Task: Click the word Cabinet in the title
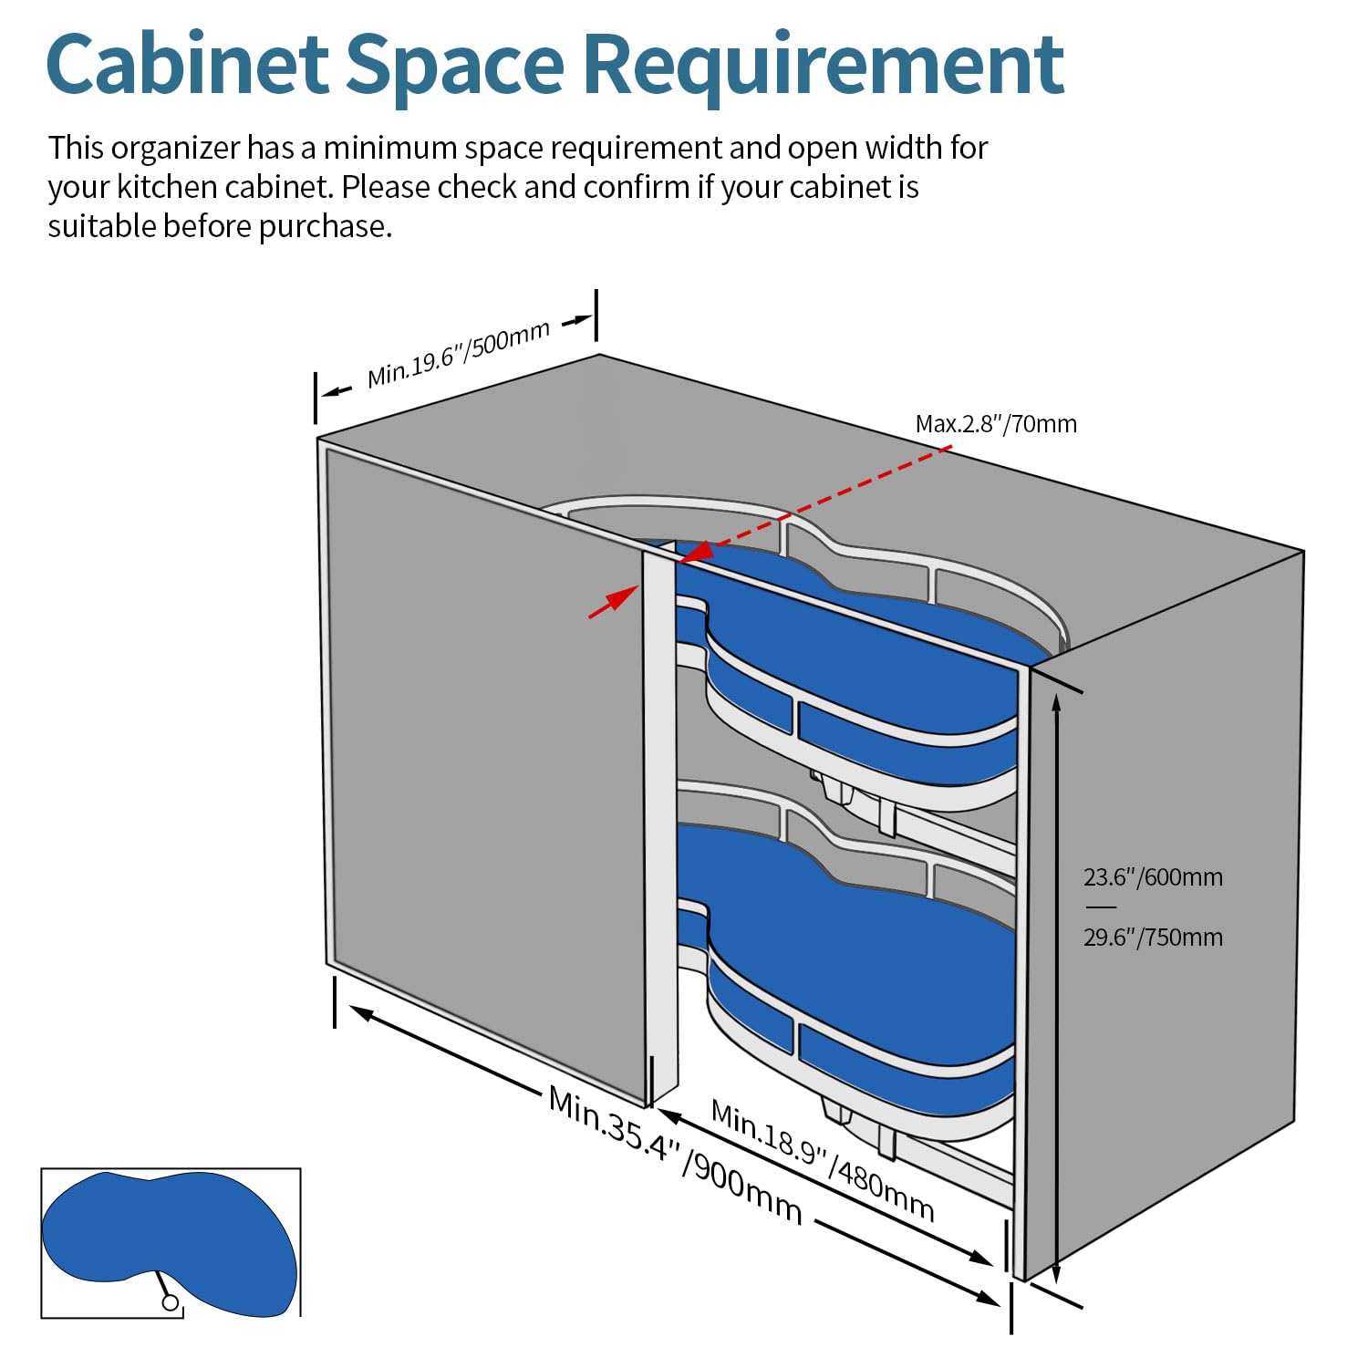point(187,64)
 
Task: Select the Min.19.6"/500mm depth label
point(459,354)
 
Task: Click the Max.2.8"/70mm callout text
point(996,424)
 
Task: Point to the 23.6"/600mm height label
point(1153,877)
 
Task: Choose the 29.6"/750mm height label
point(1153,938)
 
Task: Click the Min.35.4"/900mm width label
point(675,1155)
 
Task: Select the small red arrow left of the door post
point(613,602)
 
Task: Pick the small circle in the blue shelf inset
point(171,1302)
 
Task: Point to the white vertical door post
point(660,821)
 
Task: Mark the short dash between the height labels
point(1102,907)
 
